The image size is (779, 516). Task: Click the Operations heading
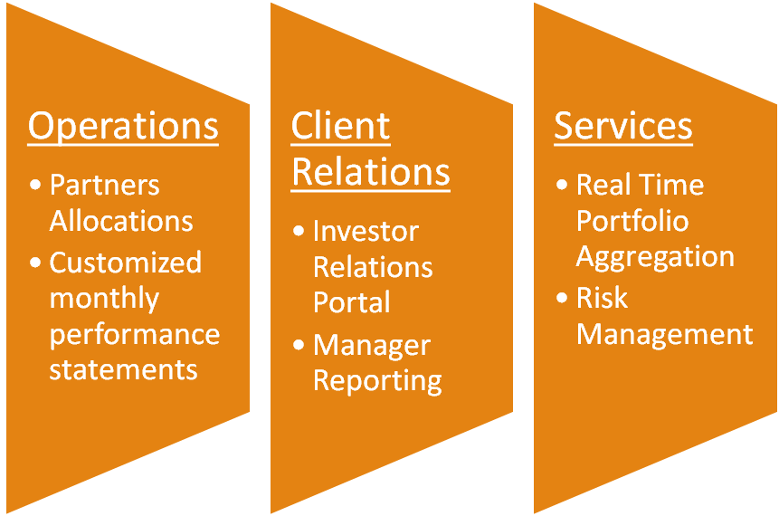[x=123, y=127]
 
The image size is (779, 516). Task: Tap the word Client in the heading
[x=340, y=127]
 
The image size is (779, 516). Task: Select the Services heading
[x=623, y=127]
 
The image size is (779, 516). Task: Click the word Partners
[x=104, y=186]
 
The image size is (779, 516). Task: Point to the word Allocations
[x=121, y=221]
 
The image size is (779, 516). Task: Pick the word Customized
[x=125, y=263]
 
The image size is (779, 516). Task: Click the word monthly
[x=104, y=299]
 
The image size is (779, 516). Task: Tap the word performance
[x=134, y=334]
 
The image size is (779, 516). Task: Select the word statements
[x=123, y=369]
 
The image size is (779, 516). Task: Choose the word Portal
[x=352, y=302]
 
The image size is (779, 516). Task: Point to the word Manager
[x=372, y=345]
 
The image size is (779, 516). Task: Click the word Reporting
[x=377, y=380]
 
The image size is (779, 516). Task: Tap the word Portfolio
[x=632, y=221]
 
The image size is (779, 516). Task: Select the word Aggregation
[x=655, y=256]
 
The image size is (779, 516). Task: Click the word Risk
[x=602, y=298]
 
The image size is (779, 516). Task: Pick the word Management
[x=665, y=334]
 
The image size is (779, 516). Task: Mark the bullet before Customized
[x=35, y=263]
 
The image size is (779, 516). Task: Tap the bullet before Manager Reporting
[x=299, y=345]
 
